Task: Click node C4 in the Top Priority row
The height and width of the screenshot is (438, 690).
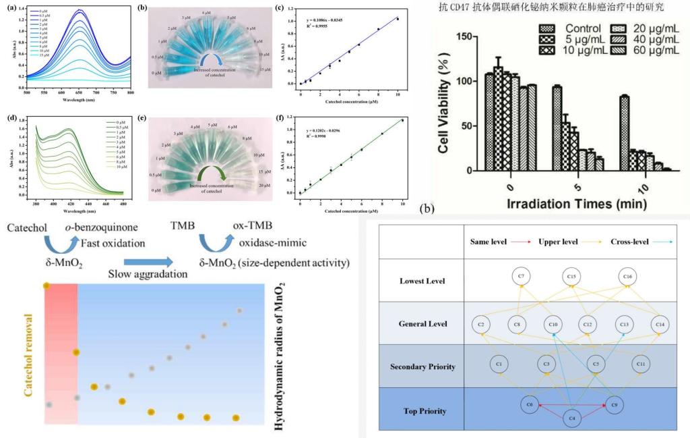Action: [x=572, y=418]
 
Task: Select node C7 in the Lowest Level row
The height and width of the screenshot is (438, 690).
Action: [x=520, y=276]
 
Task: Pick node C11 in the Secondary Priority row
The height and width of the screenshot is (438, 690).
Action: [x=641, y=364]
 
